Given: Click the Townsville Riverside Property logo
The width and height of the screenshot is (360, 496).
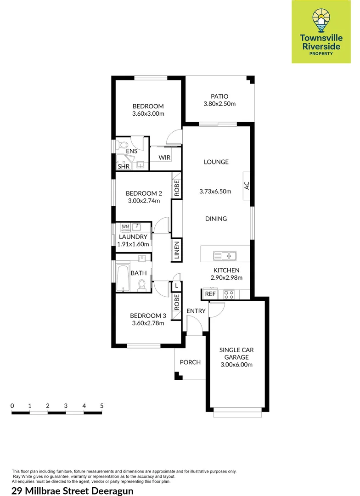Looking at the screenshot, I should point(317,31).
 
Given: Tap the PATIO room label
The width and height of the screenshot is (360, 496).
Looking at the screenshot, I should point(219,96).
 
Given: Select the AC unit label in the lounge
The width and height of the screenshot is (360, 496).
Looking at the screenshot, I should point(247,186).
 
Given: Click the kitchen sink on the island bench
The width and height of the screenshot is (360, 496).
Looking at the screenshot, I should point(225,255).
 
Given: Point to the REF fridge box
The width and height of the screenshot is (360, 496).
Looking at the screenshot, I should point(210,294).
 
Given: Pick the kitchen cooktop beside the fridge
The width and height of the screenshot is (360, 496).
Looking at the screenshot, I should point(229,294).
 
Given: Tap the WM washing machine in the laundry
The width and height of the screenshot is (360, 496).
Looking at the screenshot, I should point(125,226).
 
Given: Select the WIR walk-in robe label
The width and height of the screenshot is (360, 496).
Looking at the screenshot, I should point(164,158).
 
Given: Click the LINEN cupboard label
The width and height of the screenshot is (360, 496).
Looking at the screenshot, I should point(177,251).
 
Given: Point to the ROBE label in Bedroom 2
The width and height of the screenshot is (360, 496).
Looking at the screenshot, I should point(177,188).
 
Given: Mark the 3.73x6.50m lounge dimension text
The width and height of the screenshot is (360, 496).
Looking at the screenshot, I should point(216,192).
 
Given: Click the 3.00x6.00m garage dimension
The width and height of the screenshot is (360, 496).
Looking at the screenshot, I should point(236,365).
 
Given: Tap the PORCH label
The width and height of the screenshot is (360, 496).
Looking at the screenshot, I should point(190,362).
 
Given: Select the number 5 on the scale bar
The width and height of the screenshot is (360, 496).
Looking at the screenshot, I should point(101,406).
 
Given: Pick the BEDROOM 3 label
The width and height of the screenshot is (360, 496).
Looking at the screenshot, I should point(148,316).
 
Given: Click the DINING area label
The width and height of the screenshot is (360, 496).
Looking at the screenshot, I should point(216,219).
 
